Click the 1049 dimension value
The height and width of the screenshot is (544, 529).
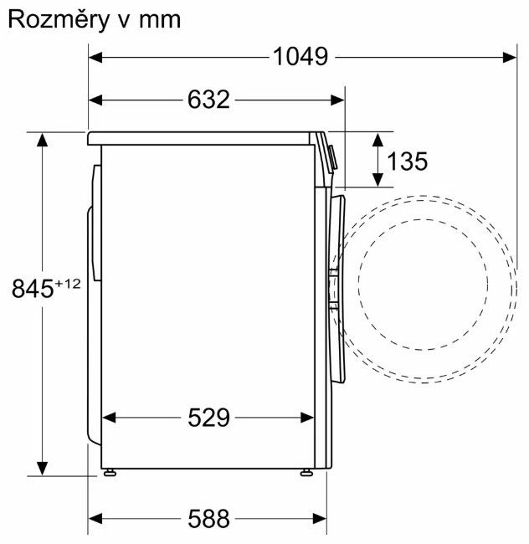[x=300, y=57]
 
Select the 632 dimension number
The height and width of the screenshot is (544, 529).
[x=208, y=100]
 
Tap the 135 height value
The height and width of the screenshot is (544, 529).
[x=408, y=162]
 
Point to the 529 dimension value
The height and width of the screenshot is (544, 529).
[x=208, y=418]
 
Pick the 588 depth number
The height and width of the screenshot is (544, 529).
[x=208, y=519]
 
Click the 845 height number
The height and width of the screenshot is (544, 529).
[x=33, y=288]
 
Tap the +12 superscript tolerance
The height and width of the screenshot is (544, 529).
[x=68, y=284]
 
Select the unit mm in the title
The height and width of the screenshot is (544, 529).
[x=160, y=21]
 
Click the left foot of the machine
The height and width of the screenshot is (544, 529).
[x=110, y=472]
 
